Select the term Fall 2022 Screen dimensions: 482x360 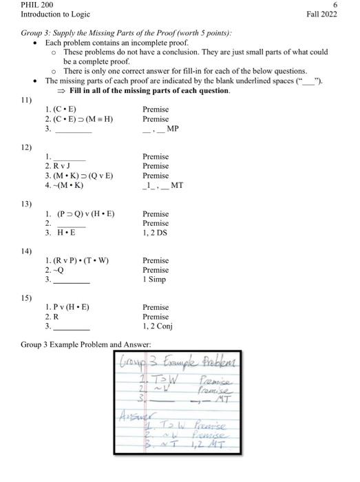click(x=322, y=14)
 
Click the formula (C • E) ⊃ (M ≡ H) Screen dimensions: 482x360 click(x=83, y=119)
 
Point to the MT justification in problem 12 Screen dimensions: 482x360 click(x=177, y=185)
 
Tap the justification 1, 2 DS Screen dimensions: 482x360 click(x=156, y=233)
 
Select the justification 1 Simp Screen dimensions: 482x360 click(x=156, y=280)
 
